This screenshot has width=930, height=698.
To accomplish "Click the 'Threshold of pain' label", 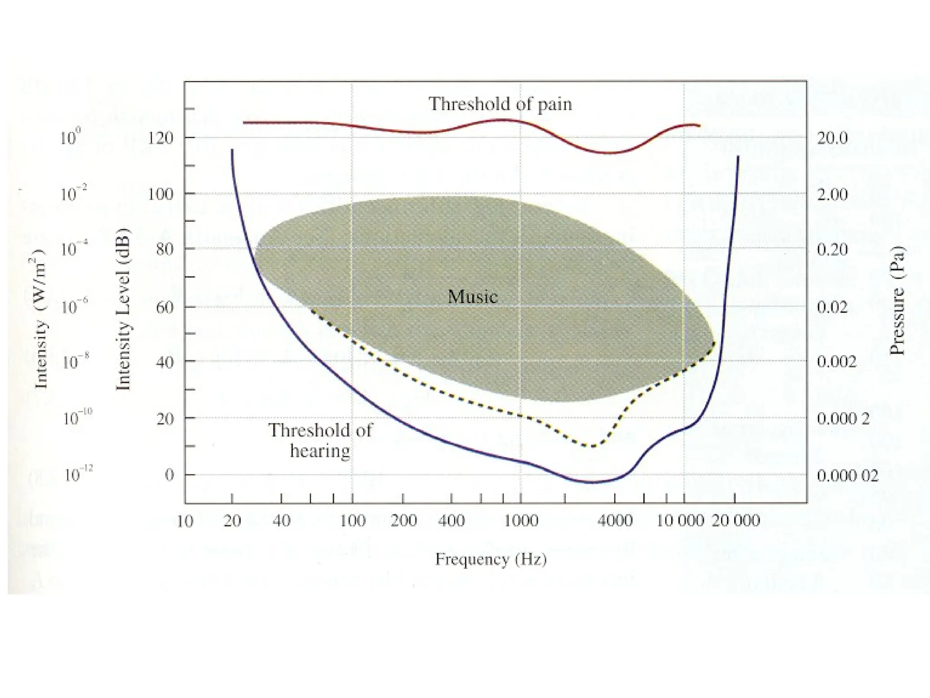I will coord(500,104).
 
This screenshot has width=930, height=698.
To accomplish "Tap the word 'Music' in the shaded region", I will coord(472,297).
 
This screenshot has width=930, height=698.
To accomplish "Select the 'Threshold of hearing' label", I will coord(320,440).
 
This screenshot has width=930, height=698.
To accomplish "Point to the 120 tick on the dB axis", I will coord(160,138).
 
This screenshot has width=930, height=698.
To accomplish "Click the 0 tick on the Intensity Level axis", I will coord(169,475).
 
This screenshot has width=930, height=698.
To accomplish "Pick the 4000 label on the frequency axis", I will coord(614,521).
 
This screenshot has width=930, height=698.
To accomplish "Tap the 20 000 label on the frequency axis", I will coord(735,521).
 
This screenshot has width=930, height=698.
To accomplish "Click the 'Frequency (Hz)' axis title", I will coord(491,559).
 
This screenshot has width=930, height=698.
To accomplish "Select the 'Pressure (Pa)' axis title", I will coord(897,300).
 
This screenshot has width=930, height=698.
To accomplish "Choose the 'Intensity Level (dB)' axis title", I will coord(123,309).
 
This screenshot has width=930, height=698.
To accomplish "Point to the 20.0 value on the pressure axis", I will coord(832,138).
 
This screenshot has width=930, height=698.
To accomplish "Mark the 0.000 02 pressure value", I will coord(847,476).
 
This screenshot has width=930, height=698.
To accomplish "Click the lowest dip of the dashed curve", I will coord(591,446).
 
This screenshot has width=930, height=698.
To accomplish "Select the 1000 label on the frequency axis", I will coord(521,521).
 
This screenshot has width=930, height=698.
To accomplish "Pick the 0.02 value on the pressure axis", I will coord(832,308).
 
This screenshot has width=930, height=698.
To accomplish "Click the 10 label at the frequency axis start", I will coord(184,521).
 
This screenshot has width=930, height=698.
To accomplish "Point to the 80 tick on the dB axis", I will coord(165,249).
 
